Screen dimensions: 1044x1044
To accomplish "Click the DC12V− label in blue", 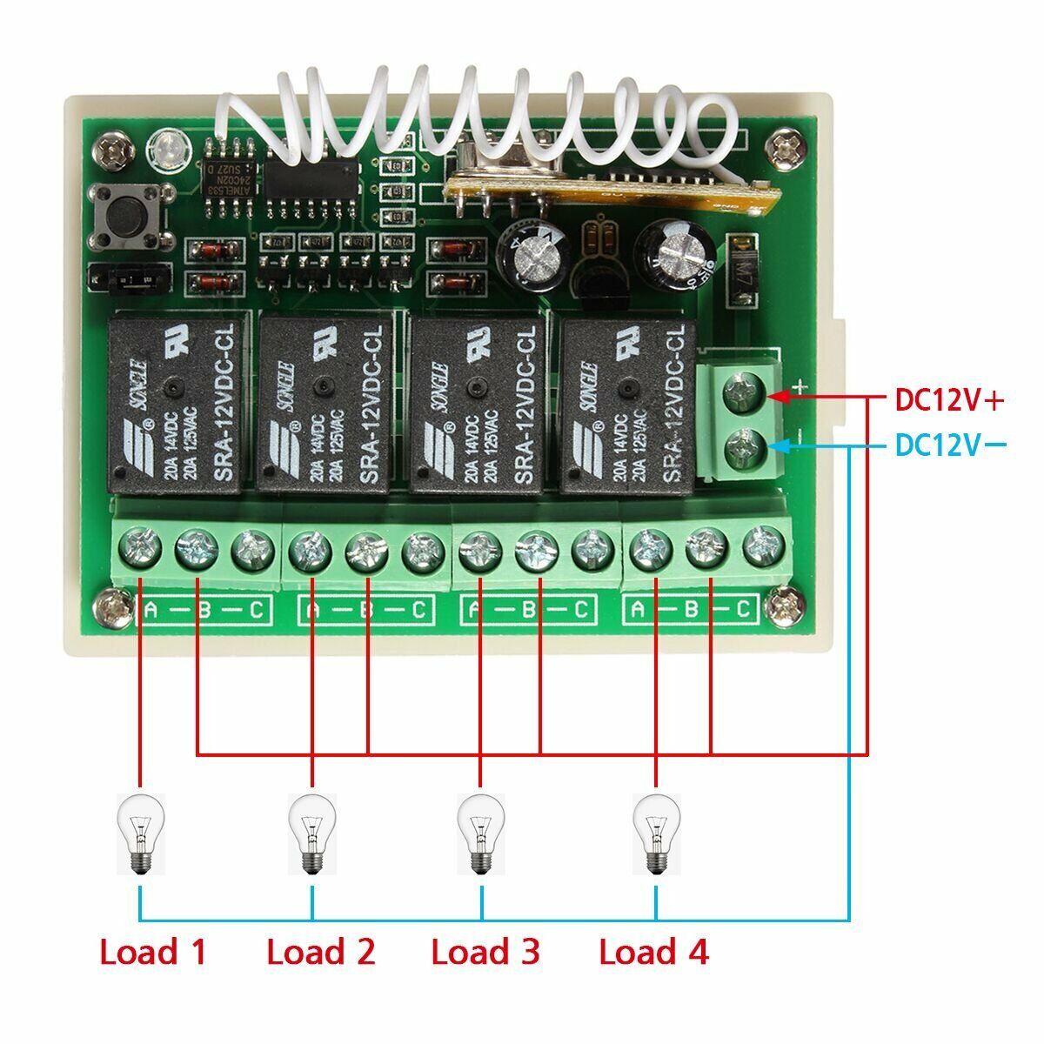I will (x=949, y=445).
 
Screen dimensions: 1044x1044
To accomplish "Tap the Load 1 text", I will (x=153, y=952).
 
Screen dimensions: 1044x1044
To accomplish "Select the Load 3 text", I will (x=485, y=952).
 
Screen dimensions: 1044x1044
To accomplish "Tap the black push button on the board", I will (x=129, y=215).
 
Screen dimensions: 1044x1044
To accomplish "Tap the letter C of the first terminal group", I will (x=256, y=610).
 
